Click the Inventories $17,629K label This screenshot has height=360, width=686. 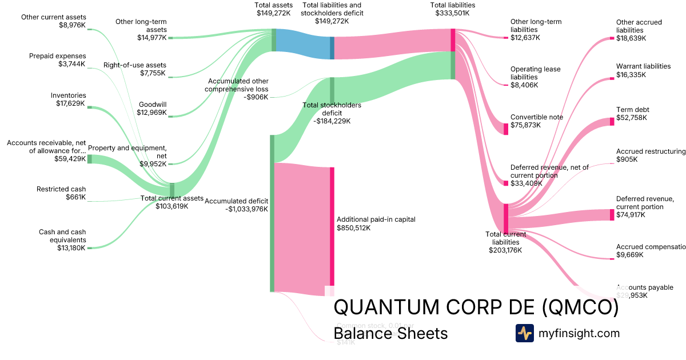click(x=68, y=99)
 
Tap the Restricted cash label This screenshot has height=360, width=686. click(x=61, y=189)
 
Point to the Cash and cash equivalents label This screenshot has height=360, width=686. click(x=62, y=236)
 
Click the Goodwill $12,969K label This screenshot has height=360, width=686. click(x=153, y=109)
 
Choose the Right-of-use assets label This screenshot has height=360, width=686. click(x=135, y=65)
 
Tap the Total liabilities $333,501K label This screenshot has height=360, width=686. click(x=452, y=9)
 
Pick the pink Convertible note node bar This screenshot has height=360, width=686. click(x=506, y=129)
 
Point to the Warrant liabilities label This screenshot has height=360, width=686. click(x=643, y=66)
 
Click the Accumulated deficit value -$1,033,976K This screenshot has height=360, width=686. click(x=246, y=209)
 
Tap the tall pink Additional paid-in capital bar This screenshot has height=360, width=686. click(x=332, y=229)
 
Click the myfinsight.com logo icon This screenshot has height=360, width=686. click(x=524, y=333)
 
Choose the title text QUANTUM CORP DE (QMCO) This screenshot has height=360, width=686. click(x=476, y=307)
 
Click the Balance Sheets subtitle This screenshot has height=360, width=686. click(x=390, y=333)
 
